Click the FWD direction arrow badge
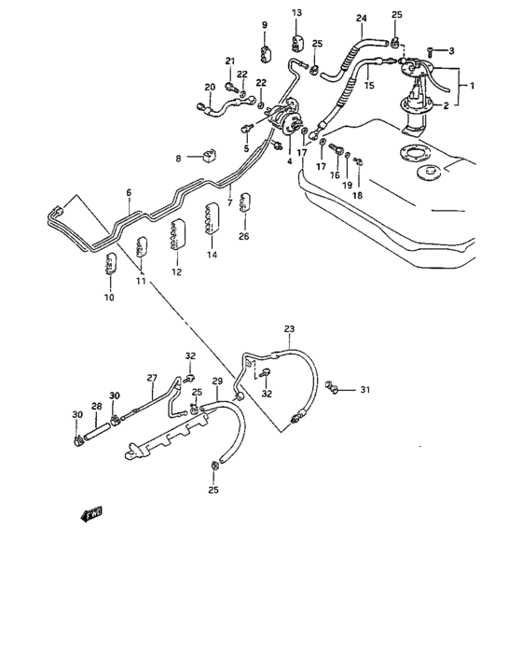91,513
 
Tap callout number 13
296,12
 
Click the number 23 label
288,328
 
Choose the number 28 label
95,407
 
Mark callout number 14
212,255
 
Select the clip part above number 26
244,202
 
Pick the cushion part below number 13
298,42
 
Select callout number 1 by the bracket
472,86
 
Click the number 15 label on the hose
368,86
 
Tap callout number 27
152,378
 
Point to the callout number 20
210,87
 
